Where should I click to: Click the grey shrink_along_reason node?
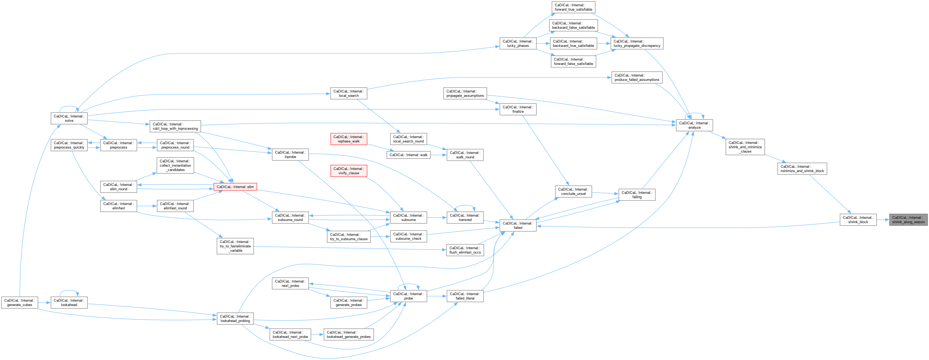coord(908,220)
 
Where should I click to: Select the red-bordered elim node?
coord(235,187)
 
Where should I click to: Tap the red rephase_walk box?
coord(349,139)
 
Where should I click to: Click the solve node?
coord(69,118)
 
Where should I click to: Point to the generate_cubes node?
coord(20,303)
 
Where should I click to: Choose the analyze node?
coord(694,125)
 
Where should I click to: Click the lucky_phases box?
coord(518,43)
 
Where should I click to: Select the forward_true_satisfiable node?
coord(573,7)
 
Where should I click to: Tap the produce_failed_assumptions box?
coord(637,78)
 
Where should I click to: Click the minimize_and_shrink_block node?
coord(802,168)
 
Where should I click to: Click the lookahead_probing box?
coord(235,318)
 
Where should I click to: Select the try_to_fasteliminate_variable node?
coord(235,246)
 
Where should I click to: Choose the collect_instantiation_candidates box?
coord(175,165)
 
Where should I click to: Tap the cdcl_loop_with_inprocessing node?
coord(175,126)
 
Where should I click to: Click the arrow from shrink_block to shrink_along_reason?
coord(883,220)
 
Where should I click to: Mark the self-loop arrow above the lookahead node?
coord(69,291)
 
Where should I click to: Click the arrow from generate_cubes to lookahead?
coord(44,303)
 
